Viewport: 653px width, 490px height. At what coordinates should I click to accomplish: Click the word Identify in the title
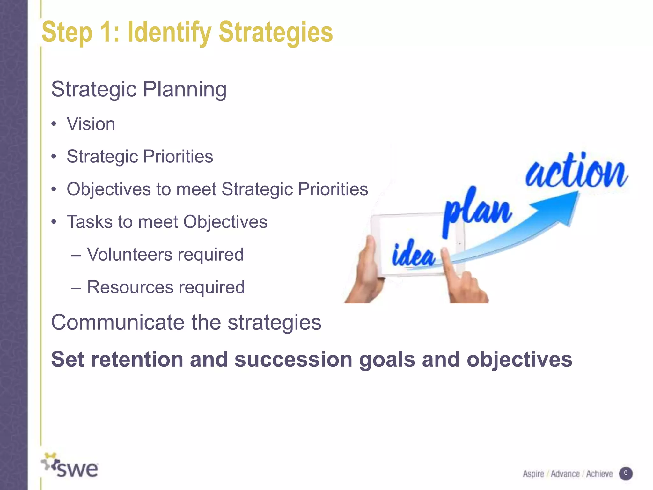pos(169,33)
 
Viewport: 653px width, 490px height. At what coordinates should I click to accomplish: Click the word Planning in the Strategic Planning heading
pos(185,89)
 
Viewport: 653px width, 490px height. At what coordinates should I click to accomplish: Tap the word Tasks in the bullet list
pos(89,222)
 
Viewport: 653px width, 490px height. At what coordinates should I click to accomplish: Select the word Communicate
pos(118,322)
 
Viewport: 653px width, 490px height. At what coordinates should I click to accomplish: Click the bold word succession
pos(293,360)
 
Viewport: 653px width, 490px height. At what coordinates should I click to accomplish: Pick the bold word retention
pos(136,360)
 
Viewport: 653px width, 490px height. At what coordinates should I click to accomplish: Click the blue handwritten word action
pos(576,172)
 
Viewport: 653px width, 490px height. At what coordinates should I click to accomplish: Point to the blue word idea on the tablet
pos(413,255)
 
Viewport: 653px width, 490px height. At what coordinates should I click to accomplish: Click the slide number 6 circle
pos(626,473)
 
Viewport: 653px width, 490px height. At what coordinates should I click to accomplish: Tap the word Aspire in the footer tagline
pos(533,474)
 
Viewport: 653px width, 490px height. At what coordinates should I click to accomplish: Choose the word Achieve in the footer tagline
pos(599,474)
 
